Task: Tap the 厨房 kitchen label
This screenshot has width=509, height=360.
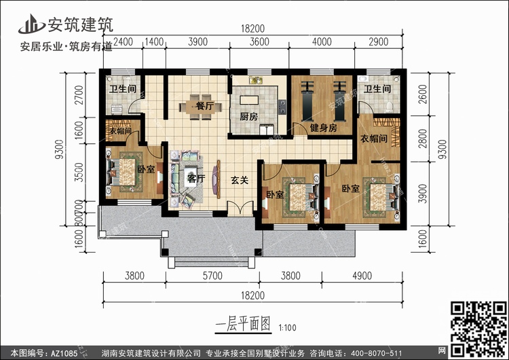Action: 249,117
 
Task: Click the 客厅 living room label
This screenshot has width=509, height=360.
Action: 196,179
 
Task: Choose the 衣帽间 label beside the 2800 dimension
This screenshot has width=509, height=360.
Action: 373,139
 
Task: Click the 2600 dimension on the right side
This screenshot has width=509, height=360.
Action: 424,96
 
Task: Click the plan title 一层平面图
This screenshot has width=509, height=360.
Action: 243,323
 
